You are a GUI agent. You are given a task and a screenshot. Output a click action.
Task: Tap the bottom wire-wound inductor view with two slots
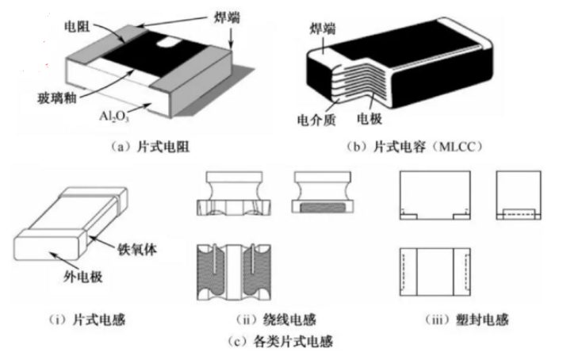click(x=239, y=274)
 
